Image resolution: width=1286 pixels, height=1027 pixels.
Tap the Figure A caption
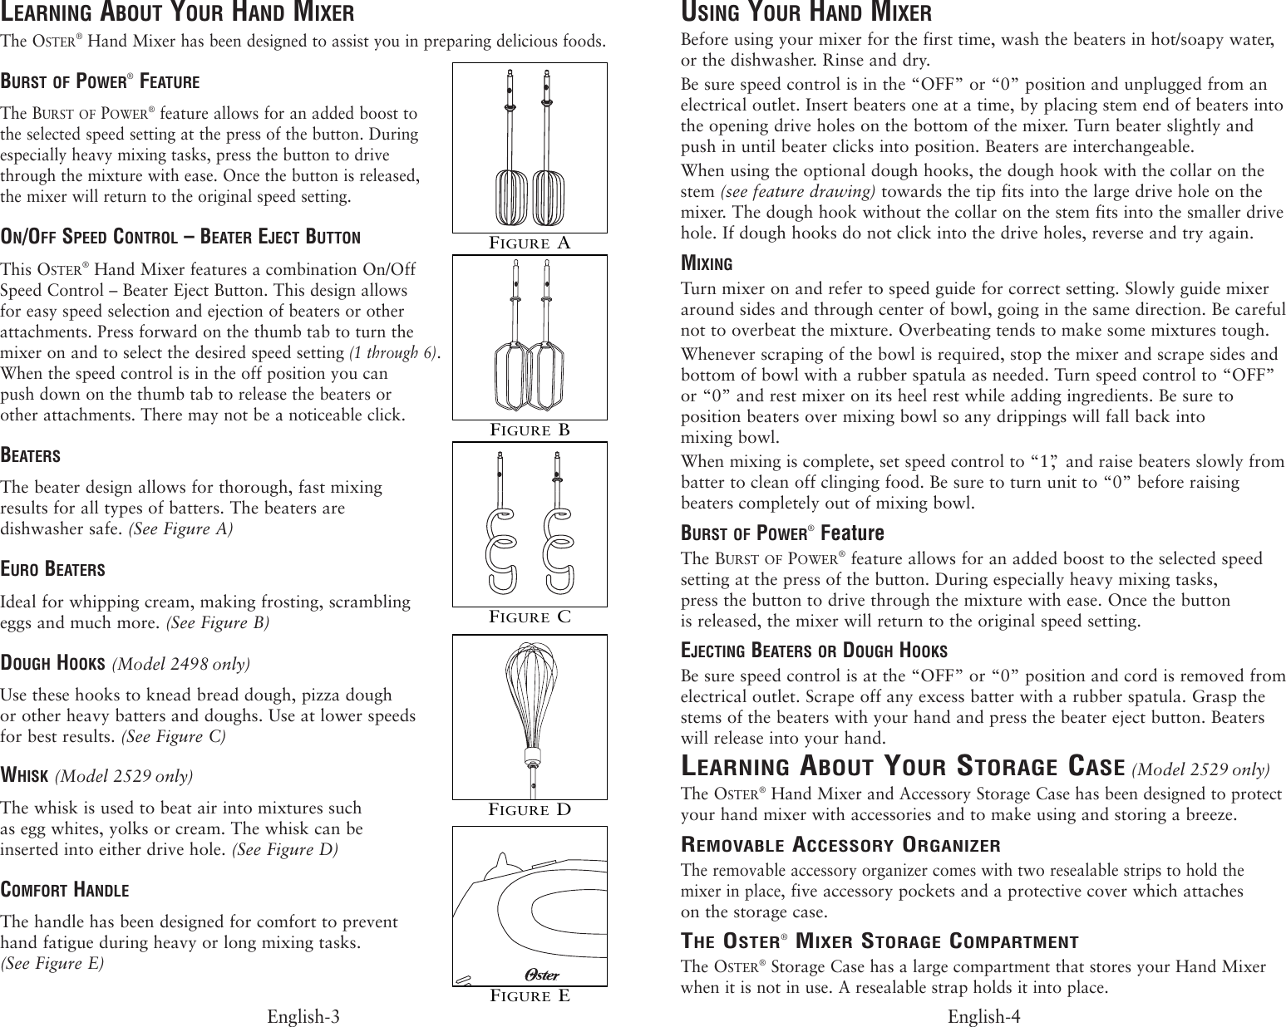[x=530, y=243]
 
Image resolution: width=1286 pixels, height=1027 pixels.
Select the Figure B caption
[x=530, y=430]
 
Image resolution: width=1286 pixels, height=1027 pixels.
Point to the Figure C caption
[x=530, y=617]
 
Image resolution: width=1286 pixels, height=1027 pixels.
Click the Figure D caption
[x=530, y=809]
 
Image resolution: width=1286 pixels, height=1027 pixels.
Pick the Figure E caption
[x=530, y=995]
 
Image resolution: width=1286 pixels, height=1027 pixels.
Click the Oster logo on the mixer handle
[x=541, y=975]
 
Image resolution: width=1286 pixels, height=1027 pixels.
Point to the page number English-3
[x=303, y=1016]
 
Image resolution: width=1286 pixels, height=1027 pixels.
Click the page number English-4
[x=983, y=1016]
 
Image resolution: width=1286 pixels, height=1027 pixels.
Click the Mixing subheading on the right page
[x=707, y=264]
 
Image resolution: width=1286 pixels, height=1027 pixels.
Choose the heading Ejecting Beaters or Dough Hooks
[x=814, y=650]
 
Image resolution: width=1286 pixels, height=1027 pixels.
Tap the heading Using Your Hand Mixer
[x=806, y=14]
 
